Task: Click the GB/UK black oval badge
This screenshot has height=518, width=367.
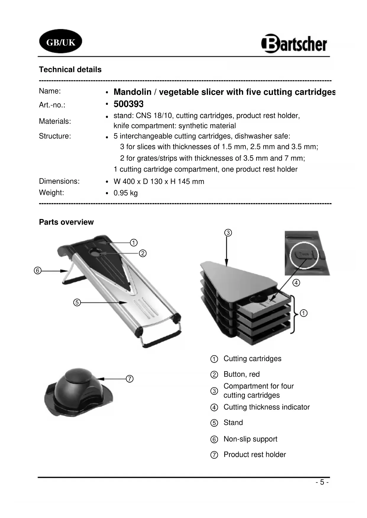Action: pos(61,42)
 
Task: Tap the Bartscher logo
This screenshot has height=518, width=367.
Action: pos(294,44)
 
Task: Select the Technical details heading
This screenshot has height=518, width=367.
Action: pos(70,70)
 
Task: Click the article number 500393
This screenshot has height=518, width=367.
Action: pos(128,104)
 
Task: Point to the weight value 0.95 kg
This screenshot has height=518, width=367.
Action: pos(125,193)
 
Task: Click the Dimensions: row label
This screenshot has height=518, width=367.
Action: pos(59,181)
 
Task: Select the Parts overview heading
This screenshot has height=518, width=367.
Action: pos(66,222)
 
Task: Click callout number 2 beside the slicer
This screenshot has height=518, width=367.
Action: pos(143,253)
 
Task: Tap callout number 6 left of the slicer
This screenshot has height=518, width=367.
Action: pos(37,271)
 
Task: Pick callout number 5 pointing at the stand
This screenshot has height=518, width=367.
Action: pos(77,302)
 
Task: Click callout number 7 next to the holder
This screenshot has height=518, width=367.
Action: pos(130,379)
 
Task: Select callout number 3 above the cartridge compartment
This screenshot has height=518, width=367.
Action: pos(228,233)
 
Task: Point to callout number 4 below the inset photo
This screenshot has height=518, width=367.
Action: pos(296,283)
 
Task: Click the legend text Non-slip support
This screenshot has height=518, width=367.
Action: pos(250,439)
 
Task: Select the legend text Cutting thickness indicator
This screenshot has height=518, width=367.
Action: pos(266,407)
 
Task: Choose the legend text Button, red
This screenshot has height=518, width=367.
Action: pos(241,374)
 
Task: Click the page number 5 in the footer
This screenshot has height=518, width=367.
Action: pos(322,482)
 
